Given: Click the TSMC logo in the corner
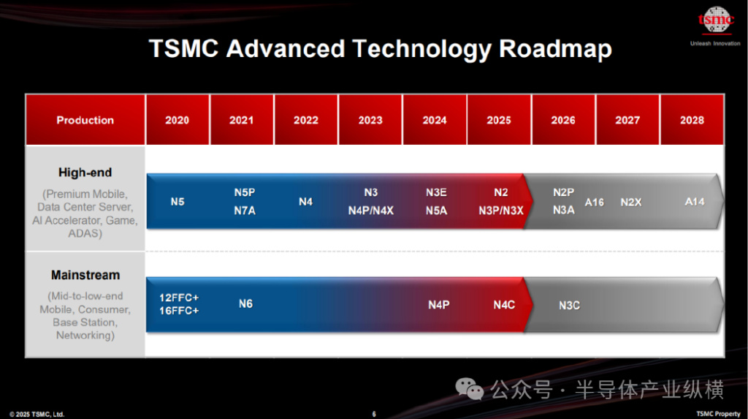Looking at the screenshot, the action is coord(716,20).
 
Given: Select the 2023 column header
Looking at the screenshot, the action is coord(370,120).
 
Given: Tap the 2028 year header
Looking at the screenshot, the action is coord(692,120).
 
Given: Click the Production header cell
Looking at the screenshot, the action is coord(85,120).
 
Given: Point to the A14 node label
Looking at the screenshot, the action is coord(695,202).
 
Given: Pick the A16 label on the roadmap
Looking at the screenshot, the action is coord(595,202).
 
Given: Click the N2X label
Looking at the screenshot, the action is coord(630,202).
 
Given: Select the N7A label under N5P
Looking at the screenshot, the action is coord(245,211).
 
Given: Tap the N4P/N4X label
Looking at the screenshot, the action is coord(370,211).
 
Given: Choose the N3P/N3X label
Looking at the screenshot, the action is coord(501,211).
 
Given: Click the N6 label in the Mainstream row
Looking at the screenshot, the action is coord(245,304).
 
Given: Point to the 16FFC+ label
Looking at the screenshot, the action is coord(179,311).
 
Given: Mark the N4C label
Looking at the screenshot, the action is coord(504,305).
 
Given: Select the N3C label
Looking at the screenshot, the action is coord(570,305).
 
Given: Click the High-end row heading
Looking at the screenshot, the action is coord(85,173).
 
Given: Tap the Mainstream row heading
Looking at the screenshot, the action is coord(85,275).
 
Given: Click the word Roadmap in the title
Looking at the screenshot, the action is coord(555,49).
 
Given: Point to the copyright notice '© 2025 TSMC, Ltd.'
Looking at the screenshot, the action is coord(37,414).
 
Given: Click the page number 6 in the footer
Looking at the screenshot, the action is coord(374,414).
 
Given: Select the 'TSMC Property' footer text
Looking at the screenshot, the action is coord(719,414).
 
